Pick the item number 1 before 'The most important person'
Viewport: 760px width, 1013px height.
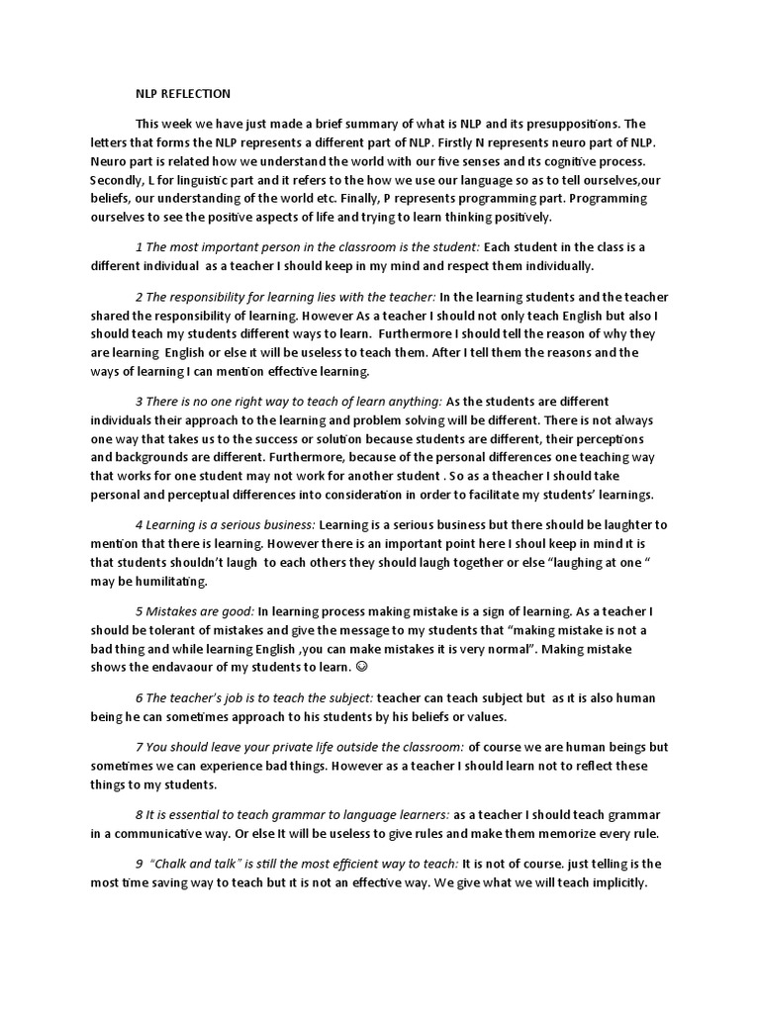click(x=139, y=247)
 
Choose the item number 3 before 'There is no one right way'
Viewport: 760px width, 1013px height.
click(x=139, y=403)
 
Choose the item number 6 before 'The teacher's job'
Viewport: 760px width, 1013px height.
click(x=139, y=697)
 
